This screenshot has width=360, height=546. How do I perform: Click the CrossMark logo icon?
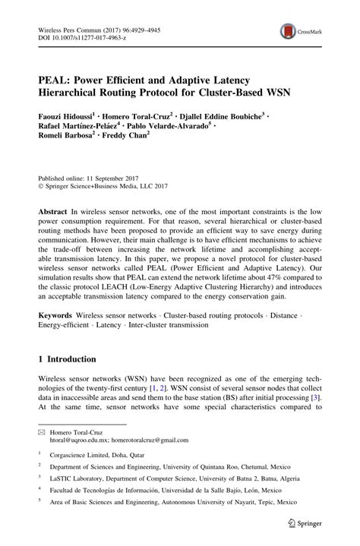point(289,30)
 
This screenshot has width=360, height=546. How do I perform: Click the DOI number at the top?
point(90,35)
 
